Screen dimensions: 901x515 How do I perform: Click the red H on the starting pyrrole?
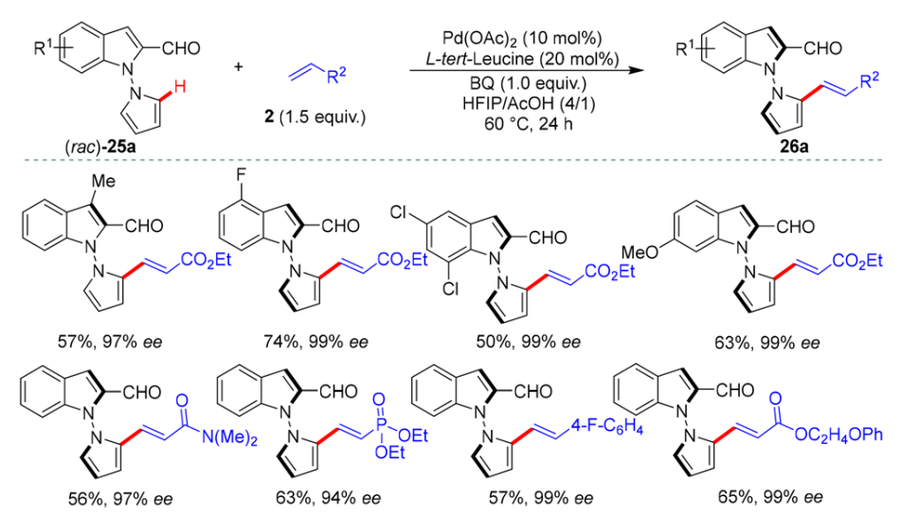(x=180, y=88)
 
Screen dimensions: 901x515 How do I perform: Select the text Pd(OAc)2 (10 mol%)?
(x=522, y=39)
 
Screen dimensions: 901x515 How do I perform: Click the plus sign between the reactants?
(x=238, y=66)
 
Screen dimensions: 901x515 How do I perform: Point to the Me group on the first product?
(x=103, y=182)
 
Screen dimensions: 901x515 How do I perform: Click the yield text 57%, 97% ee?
(x=110, y=342)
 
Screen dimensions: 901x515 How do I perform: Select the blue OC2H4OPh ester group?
(x=838, y=435)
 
